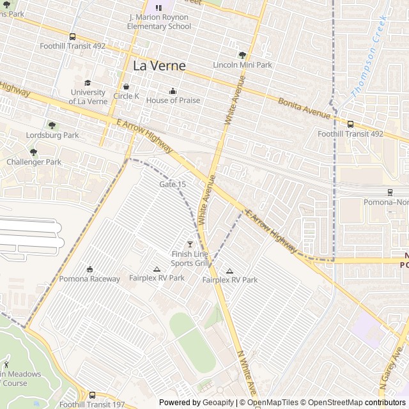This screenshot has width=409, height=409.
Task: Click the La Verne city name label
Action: [159, 66]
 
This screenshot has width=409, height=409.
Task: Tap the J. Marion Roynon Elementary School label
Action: [159, 22]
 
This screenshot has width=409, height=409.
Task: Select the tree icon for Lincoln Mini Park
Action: [242, 55]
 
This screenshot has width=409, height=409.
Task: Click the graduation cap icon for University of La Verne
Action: [88, 82]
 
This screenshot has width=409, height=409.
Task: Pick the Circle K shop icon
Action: [126, 86]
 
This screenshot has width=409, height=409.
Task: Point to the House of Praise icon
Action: [173, 91]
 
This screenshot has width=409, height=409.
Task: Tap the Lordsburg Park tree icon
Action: [52, 125]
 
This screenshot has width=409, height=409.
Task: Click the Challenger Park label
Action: [34, 162]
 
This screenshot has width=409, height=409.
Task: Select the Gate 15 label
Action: [173, 184]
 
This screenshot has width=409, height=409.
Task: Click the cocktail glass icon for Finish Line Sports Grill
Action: [189, 244]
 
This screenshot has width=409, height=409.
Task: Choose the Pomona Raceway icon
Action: [89, 269]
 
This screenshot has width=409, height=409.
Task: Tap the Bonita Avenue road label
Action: [304, 107]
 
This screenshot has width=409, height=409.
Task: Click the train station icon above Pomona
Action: [390, 192]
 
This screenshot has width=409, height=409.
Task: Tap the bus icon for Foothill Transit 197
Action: [93, 395]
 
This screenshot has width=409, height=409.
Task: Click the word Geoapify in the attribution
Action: [218, 403]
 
